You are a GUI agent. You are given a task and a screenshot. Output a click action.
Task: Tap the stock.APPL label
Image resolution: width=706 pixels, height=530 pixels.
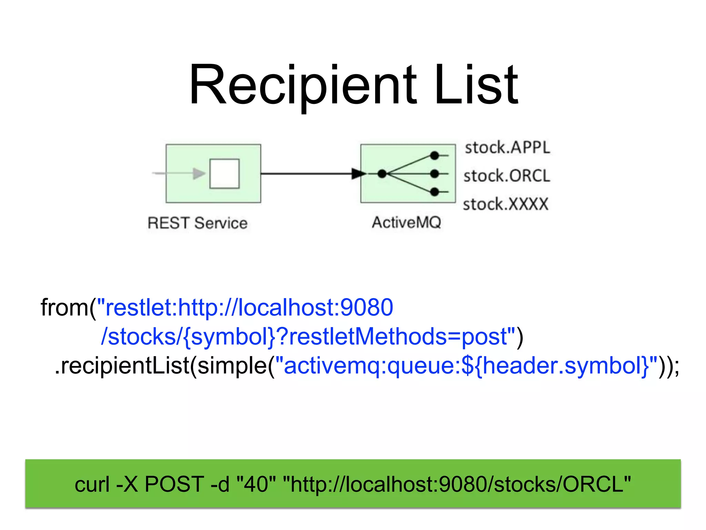pos(507,147)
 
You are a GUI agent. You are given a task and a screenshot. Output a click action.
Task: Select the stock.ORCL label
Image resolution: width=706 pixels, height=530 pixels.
pos(507,176)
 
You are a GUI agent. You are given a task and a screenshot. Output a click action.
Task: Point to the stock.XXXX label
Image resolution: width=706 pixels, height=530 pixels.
pos(505,204)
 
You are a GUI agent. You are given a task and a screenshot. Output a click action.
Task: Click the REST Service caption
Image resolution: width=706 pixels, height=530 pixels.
pos(198,223)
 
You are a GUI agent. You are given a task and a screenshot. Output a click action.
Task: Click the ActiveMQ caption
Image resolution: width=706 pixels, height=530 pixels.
pos(406,222)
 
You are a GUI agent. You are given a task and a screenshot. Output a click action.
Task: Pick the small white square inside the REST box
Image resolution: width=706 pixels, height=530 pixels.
pos(224,174)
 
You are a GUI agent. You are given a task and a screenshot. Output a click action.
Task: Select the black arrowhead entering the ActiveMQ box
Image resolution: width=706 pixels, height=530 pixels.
pos(359,174)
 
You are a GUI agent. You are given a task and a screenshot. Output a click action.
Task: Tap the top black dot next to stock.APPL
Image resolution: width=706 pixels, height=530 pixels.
pos(434,156)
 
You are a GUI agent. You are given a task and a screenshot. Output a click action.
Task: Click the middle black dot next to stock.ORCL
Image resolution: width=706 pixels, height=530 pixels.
pos(434,174)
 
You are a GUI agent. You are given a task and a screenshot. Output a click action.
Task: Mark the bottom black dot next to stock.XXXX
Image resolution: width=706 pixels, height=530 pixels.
pos(434,192)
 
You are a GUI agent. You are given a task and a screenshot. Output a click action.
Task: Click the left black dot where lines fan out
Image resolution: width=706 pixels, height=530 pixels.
pos(382,174)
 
